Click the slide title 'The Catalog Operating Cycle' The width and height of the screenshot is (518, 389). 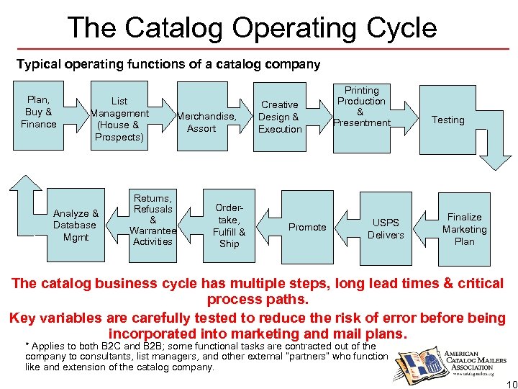tap(252, 28)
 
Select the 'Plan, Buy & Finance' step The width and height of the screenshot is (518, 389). tap(39, 112)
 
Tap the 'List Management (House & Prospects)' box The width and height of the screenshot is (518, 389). tap(119, 119)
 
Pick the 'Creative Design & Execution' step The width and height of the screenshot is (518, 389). tap(280, 117)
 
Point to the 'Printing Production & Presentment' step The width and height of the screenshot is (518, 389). tap(361, 107)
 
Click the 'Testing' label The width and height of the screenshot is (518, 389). tap(447, 120)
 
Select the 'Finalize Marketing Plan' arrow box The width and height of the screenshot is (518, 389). tap(465, 229)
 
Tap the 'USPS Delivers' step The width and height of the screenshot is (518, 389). tap(386, 229)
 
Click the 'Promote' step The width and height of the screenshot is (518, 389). tap(307, 227)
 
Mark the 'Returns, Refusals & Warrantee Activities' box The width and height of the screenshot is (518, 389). tap(152, 219)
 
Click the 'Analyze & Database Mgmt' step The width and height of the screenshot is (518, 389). tap(76, 225)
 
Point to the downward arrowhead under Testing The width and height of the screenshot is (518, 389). tap(496, 159)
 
